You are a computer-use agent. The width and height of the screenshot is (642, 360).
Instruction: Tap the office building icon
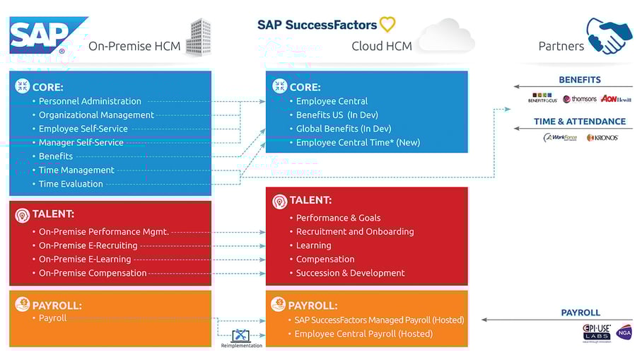coord(199,37)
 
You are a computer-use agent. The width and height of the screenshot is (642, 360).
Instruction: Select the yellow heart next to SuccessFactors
coord(387,25)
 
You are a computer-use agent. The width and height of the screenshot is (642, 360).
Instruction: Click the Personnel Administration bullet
coord(90,101)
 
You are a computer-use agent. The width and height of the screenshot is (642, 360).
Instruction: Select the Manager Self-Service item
coord(81,142)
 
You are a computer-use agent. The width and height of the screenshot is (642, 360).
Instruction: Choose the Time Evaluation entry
coord(71,184)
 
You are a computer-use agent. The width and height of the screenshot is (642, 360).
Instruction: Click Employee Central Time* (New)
coord(358,142)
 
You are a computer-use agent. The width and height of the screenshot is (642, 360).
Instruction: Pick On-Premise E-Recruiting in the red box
coord(88,245)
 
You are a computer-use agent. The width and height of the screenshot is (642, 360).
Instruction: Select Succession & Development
coord(350,273)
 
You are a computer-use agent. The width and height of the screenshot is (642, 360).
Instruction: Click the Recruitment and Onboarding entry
coord(355,231)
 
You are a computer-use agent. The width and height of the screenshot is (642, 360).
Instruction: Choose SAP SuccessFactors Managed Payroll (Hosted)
coord(379,320)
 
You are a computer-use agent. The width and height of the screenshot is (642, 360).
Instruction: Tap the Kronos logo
coord(602,137)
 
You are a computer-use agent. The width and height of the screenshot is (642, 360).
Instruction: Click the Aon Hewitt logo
coord(615,99)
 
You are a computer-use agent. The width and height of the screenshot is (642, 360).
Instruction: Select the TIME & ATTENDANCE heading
coord(580,121)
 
